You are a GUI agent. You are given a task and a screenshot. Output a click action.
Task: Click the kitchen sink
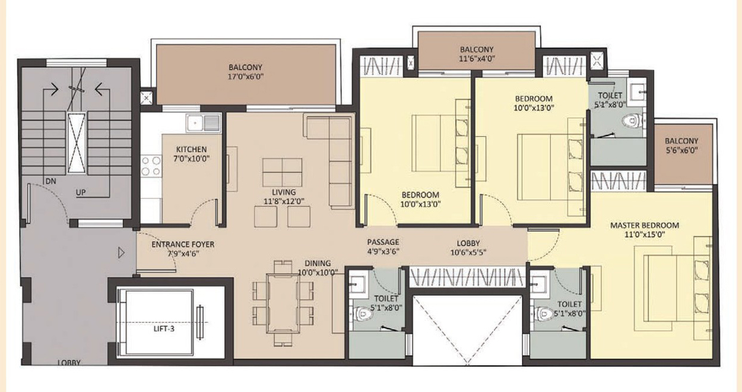click(204, 123)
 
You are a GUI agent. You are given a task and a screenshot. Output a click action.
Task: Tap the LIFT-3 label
click(164, 329)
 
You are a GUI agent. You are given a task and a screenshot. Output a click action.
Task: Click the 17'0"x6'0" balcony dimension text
click(246, 77)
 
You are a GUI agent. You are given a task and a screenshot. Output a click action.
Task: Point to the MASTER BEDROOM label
click(645, 225)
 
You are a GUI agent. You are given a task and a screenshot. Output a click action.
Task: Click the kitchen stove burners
click(151, 166)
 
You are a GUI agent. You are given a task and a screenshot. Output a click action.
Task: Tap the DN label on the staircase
click(50, 181)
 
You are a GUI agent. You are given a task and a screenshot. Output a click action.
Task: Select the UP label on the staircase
click(81, 192)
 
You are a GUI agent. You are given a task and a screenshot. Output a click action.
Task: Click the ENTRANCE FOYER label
click(183, 245)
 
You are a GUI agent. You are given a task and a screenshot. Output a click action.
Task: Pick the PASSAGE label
click(383, 242)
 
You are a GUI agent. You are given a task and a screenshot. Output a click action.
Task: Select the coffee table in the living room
click(282, 172)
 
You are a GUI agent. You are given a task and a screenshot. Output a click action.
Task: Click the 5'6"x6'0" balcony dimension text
click(681, 150)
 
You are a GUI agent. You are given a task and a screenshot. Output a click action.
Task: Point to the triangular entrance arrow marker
click(121, 253)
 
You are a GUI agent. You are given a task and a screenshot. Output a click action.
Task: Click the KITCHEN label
click(192, 150)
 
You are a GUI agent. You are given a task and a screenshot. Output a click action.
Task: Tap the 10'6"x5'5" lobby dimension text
click(468, 252)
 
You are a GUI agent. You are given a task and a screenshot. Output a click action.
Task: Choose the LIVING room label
click(284, 192)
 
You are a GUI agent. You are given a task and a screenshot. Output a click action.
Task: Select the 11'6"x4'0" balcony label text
click(477, 59)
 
